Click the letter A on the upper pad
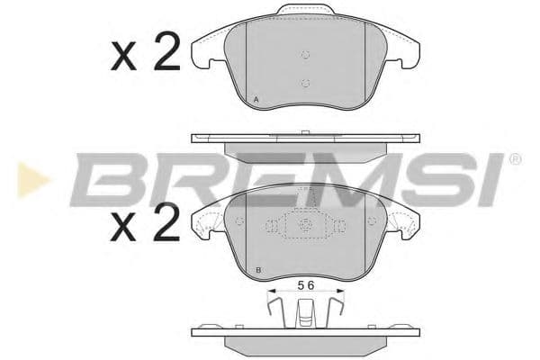(x=256, y=98)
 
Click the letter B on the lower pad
(x=258, y=270)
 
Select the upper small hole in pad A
(x=305, y=54)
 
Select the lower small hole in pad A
(x=305, y=85)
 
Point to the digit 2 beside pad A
(x=166, y=54)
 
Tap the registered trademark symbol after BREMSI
(x=515, y=159)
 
